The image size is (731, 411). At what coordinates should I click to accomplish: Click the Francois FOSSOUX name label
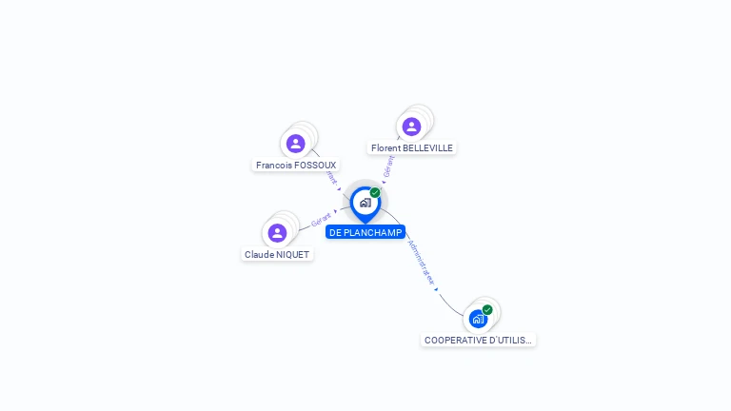pyautogui.click(x=296, y=165)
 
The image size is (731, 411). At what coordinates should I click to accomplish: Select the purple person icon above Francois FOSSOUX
pyautogui.click(x=296, y=144)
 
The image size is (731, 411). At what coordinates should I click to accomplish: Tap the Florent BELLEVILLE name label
pyautogui.click(x=412, y=147)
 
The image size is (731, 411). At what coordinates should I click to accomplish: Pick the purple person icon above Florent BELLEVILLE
pyautogui.click(x=411, y=127)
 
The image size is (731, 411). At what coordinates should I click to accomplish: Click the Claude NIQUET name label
pyautogui.click(x=277, y=254)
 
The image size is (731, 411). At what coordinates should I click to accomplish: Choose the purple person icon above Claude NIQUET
pyautogui.click(x=277, y=233)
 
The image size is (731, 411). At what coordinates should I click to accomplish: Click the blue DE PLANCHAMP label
pyautogui.click(x=365, y=232)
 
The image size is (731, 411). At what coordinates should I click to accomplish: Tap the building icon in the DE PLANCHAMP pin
pyautogui.click(x=365, y=203)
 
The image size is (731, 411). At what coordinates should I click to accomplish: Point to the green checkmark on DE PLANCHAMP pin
pyautogui.click(x=375, y=193)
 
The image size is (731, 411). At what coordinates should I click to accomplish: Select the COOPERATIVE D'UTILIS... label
pyautogui.click(x=478, y=340)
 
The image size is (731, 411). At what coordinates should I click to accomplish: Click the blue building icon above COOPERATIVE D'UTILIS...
pyautogui.click(x=478, y=319)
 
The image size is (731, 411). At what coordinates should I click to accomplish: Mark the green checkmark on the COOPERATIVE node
pyautogui.click(x=487, y=309)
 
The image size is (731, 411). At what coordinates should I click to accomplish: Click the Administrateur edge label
pyautogui.click(x=422, y=263)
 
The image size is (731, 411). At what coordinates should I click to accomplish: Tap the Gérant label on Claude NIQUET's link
pyautogui.click(x=322, y=221)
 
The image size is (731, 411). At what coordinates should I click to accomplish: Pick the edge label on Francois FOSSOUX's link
pyautogui.click(x=331, y=178)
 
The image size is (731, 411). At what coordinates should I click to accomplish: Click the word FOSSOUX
pyautogui.click(x=315, y=165)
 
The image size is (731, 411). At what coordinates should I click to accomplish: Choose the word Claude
pyautogui.click(x=260, y=254)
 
